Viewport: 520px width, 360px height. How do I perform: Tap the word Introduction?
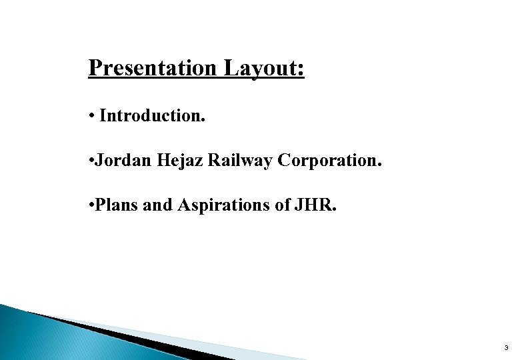(x=152, y=116)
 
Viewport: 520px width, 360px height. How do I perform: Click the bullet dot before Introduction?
(x=91, y=117)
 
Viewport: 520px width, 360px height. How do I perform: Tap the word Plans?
(x=117, y=205)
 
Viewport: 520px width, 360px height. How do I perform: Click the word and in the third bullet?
(x=158, y=205)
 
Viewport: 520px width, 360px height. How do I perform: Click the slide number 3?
(x=506, y=348)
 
